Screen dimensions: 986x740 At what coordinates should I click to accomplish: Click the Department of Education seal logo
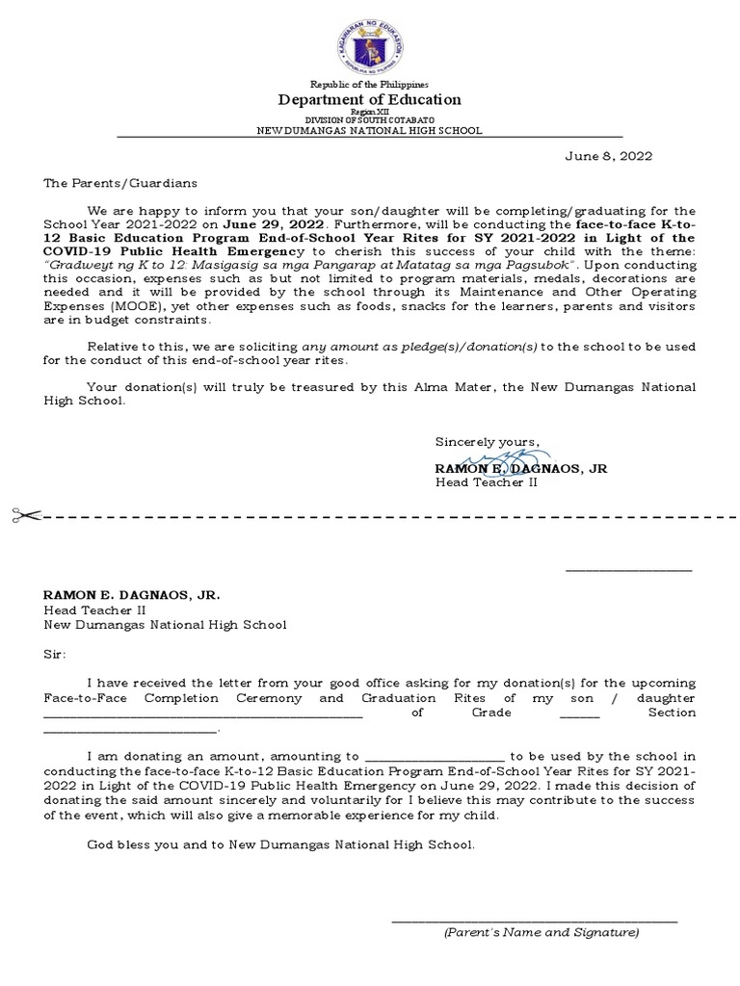click(370, 41)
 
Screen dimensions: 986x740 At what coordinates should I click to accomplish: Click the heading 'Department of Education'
click(370, 99)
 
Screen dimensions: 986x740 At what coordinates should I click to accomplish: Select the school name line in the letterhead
click(370, 130)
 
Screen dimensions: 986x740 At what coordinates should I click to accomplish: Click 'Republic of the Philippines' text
click(370, 85)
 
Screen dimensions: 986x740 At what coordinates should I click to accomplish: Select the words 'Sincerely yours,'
click(488, 442)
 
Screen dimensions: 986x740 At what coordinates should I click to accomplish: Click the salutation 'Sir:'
click(55, 654)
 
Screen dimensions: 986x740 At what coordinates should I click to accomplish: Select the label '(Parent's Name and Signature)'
click(541, 932)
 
